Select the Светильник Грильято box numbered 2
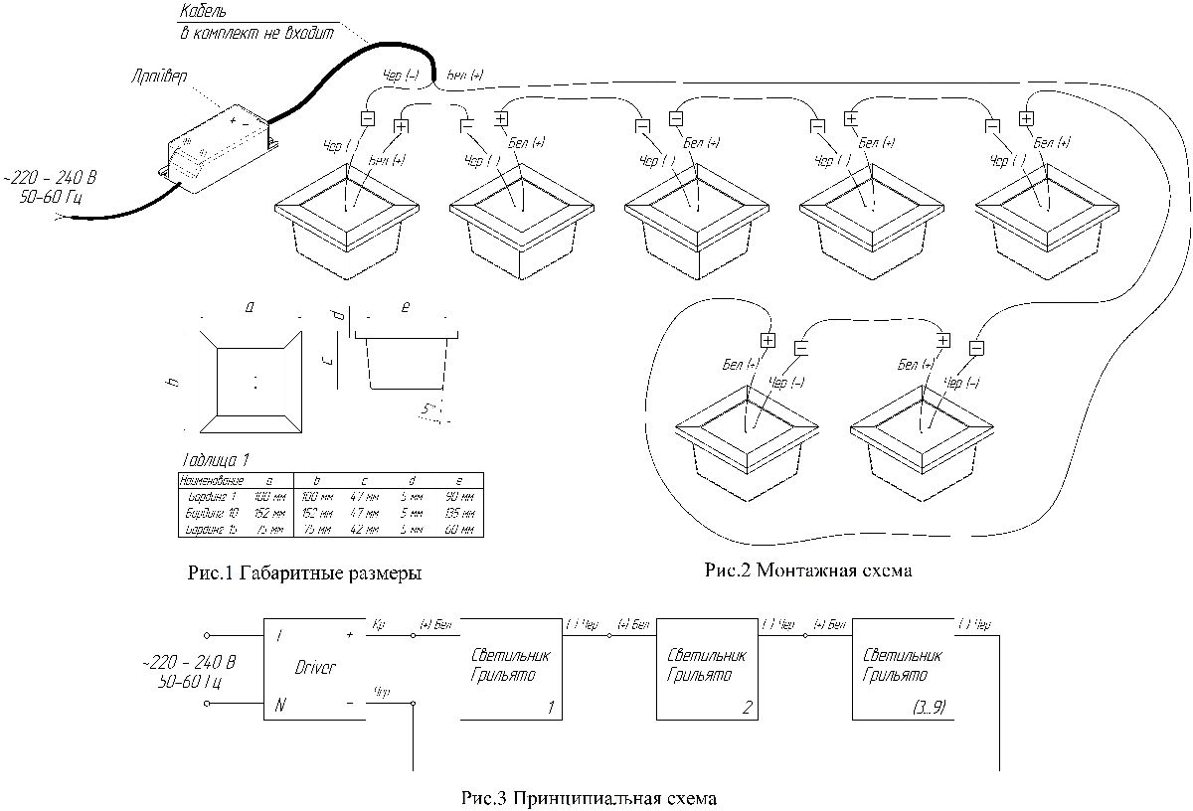705,669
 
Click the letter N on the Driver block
281,706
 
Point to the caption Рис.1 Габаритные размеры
303,573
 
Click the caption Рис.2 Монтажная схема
807,570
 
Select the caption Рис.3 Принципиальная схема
589,798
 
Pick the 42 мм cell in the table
365,530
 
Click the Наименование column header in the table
210,480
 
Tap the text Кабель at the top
203,13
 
